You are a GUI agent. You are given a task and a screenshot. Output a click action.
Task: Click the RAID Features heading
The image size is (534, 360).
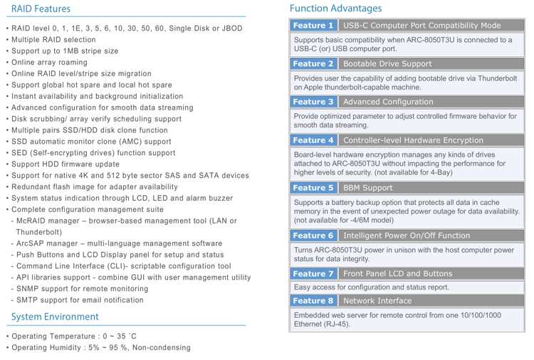pyautogui.click(x=41, y=9)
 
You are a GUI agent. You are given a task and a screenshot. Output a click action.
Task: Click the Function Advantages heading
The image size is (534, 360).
pyautogui.click(x=335, y=9)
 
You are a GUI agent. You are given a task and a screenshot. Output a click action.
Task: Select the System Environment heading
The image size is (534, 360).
pyautogui.click(x=55, y=317)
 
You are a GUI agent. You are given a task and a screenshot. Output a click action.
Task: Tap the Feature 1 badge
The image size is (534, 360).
pyautogui.click(x=313, y=26)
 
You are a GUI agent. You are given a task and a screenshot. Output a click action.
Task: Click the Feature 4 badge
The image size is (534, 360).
pyautogui.click(x=313, y=140)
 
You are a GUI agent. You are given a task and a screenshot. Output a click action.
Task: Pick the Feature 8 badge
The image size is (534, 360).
pyautogui.click(x=313, y=301)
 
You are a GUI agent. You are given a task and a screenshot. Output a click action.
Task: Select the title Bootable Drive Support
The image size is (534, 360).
pyautogui.click(x=387, y=64)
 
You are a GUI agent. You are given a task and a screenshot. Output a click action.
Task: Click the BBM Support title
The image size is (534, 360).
pyautogui.click(x=367, y=188)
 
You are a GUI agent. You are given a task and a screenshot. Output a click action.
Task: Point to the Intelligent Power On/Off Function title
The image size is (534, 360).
pyautogui.click(x=407, y=235)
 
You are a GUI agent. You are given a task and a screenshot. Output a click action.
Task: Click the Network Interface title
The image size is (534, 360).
pyautogui.click(x=377, y=301)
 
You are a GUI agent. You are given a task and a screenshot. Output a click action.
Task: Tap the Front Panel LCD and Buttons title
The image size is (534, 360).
pyautogui.click(x=397, y=274)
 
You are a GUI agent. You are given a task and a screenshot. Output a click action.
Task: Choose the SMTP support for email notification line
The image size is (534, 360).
pyautogui.click(x=80, y=300)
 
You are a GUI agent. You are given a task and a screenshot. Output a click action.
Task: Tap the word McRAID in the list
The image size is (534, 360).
pyautogui.click(x=33, y=221)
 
